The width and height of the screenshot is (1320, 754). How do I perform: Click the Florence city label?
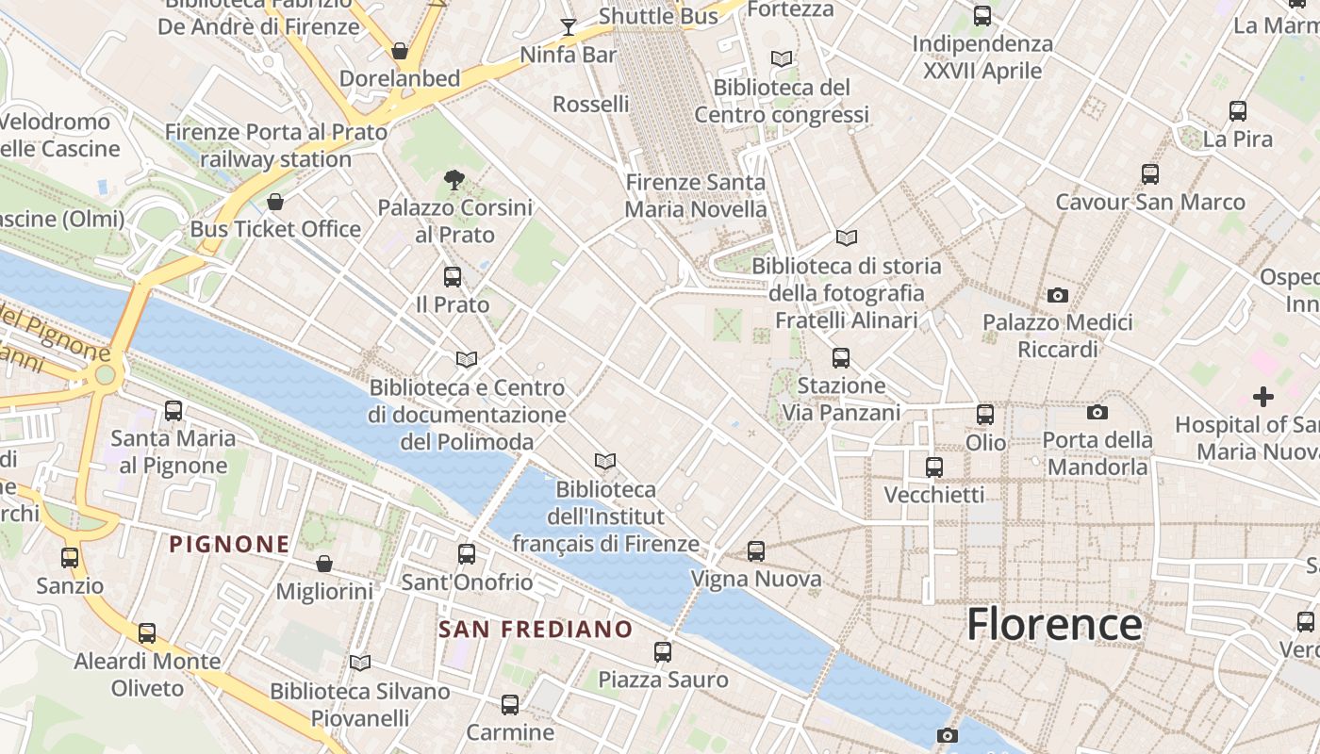tap(1054, 625)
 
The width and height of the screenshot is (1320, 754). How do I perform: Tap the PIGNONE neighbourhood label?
tap(229, 544)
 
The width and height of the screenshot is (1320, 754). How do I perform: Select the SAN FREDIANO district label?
tap(536, 629)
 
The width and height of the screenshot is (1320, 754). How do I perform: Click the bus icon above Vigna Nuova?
tap(755, 551)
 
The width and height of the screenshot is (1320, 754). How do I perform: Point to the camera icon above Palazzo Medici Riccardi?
tap(1058, 296)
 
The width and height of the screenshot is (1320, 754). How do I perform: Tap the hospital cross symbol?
tap(1262, 397)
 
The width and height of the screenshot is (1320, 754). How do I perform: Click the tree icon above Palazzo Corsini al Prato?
tap(454, 180)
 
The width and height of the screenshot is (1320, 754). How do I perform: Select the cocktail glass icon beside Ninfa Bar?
tap(569, 26)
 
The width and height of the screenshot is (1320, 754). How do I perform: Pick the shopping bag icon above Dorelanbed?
tap(400, 51)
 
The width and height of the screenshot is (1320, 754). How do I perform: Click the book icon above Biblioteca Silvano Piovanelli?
tap(360, 664)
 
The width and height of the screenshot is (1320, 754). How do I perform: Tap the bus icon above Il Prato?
tap(453, 277)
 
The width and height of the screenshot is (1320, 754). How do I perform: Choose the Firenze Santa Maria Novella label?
tap(696, 195)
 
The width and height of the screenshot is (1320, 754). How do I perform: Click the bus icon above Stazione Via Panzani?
tap(841, 358)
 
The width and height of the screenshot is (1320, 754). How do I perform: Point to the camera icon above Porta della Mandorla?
tap(1097, 413)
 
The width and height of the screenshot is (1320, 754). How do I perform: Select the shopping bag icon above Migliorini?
tap(324, 564)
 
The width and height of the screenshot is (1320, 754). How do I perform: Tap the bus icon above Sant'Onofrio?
tap(467, 554)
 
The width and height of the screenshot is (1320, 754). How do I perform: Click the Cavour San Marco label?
tap(1149, 202)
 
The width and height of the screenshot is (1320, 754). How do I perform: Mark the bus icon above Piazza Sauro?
tap(663, 652)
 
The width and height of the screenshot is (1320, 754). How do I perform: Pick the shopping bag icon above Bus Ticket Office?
tap(275, 202)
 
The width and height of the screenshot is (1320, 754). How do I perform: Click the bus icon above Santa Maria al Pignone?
tap(173, 411)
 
